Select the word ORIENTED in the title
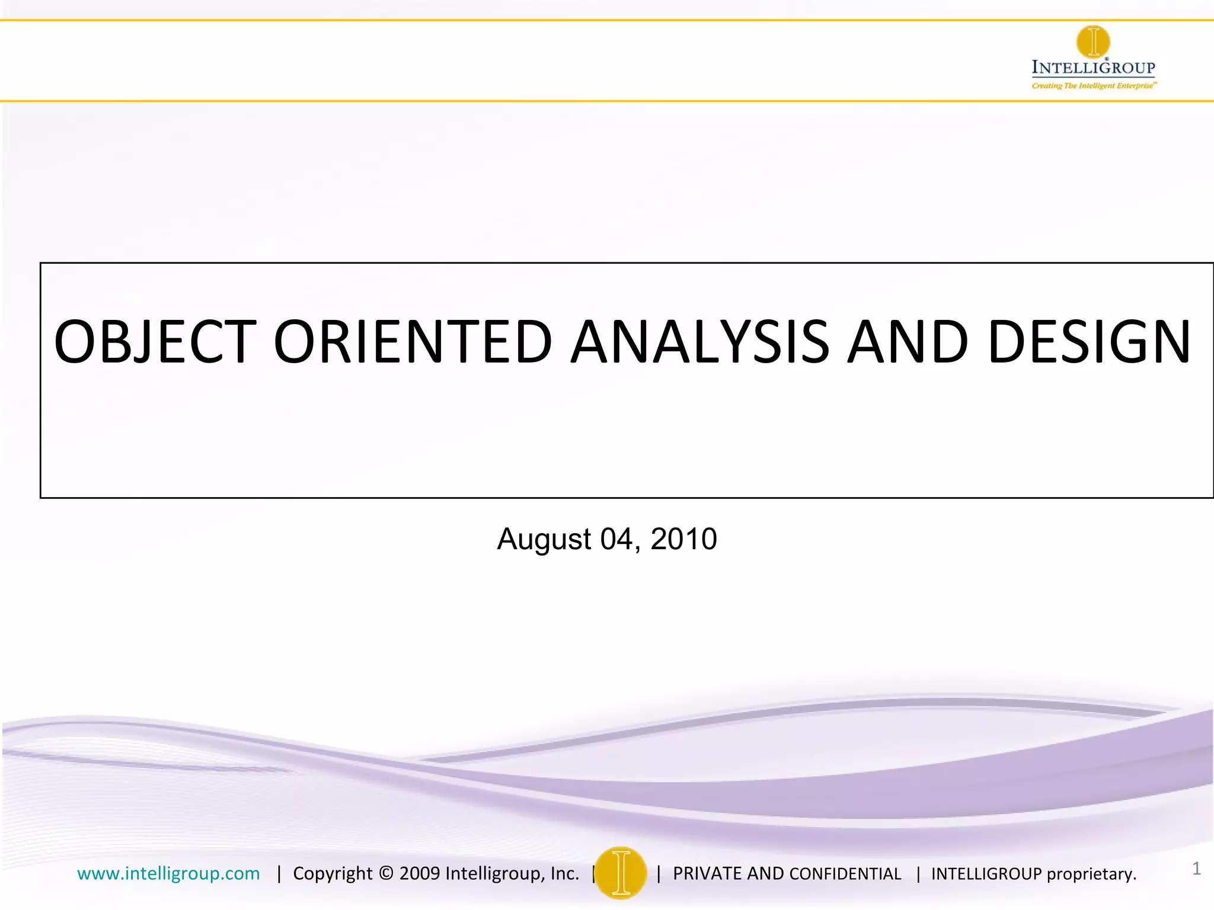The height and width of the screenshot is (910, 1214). (413, 342)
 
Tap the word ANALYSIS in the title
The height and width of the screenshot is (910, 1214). (699, 342)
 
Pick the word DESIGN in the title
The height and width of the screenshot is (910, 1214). (1090, 342)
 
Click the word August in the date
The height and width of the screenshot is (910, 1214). (544, 540)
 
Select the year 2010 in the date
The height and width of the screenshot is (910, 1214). (683, 540)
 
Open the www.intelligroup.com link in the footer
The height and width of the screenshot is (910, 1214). (168, 874)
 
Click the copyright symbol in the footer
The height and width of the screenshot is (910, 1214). (386, 874)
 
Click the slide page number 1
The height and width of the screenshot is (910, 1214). (1196, 869)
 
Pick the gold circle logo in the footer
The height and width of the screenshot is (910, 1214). (621, 873)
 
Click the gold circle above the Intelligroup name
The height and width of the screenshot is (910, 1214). (1093, 41)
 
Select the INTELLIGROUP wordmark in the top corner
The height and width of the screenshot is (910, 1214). (1094, 68)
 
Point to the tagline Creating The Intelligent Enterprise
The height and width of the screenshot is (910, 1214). (1094, 86)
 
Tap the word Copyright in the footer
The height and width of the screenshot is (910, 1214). (333, 874)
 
